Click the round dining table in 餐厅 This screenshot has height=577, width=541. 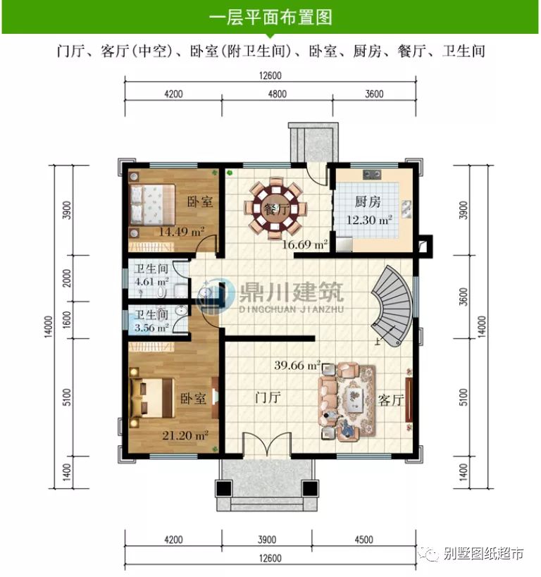275,208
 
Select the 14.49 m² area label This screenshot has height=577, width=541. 181,231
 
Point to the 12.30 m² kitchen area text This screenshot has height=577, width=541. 368,220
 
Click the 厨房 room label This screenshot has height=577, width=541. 368,201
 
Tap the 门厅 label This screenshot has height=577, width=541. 268,397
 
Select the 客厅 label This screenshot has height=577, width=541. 391,400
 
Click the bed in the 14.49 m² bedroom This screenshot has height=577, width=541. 152,205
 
